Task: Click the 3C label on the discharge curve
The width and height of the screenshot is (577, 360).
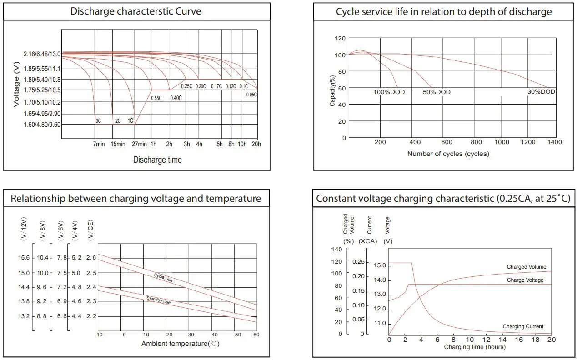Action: pyautogui.click(x=98, y=121)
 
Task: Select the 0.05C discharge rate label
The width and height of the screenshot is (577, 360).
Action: pyautogui.click(x=251, y=95)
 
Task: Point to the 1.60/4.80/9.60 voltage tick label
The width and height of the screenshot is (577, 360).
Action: pyautogui.click(x=42, y=125)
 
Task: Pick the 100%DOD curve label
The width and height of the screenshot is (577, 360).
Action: pyautogui.click(x=389, y=92)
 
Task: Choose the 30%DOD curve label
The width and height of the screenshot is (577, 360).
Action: pyautogui.click(x=541, y=92)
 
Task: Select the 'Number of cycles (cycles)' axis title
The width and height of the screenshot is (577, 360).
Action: pyautogui.click(x=448, y=154)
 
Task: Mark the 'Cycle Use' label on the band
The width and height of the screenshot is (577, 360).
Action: pyautogui.click(x=163, y=278)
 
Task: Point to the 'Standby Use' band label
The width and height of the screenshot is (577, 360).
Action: pyautogui.click(x=159, y=300)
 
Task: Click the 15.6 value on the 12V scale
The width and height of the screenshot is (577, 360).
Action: pyautogui.click(x=24, y=258)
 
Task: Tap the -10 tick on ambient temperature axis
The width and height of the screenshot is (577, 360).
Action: pyautogui.click(x=98, y=335)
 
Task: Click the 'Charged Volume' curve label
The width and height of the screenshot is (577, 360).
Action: pyautogui.click(x=526, y=267)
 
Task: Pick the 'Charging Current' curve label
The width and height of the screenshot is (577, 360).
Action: pyautogui.click(x=523, y=326)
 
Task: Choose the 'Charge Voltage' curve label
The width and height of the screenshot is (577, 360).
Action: pyautogui.click(x=525, y=280)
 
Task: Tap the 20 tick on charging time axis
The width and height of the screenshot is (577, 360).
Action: pyautogui.click(x=552, y=340)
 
